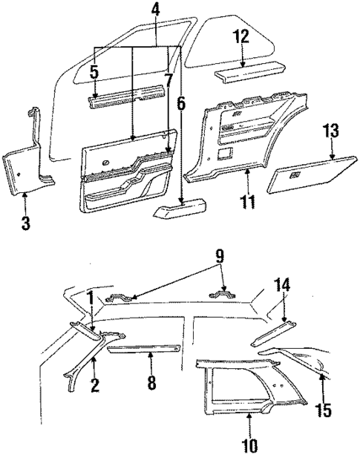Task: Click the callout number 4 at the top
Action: (x=154, y=10)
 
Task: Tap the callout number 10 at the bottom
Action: (x=249, y=445)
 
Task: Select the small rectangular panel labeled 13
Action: (x=303, y=178)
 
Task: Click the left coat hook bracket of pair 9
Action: (x=122, y=299)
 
